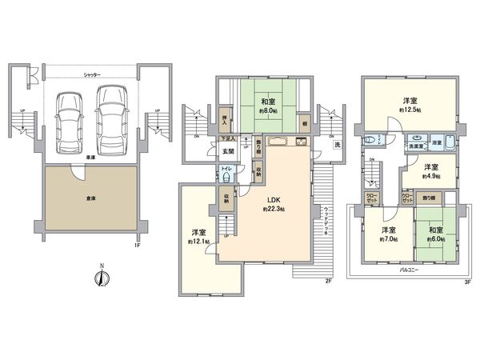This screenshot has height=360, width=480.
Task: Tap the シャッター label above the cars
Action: (x=92, y=74)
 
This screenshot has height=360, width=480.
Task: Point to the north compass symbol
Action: (x=101, y=278)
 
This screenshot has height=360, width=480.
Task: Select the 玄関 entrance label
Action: (x=228, y=151)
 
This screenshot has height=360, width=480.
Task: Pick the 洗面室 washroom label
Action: (x=415, y=147)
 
